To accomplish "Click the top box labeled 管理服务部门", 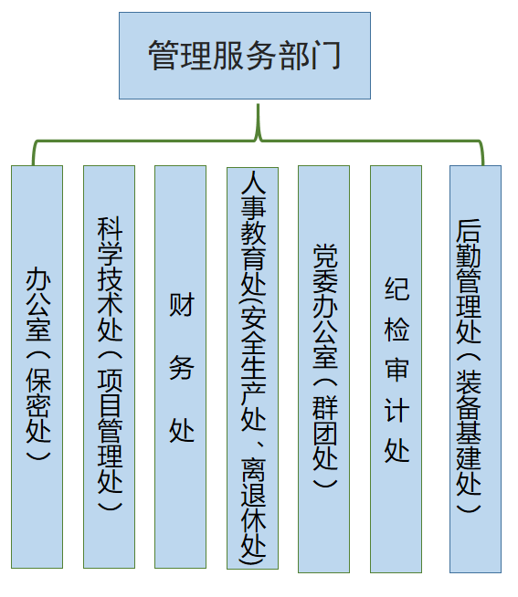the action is [245, 56].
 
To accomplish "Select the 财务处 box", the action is [180, 367].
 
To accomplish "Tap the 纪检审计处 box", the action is [396, 369].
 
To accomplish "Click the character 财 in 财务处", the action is [182, 304].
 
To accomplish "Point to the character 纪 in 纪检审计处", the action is [396, 288].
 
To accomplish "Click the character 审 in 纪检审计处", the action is [396, 370].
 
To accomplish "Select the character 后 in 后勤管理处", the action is [469, 231].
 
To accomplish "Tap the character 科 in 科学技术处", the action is [110, 229].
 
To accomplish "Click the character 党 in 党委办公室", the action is [325, 256].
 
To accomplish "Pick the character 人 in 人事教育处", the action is [253, 183].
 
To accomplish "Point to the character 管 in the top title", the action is [164, 56].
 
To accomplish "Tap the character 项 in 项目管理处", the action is [110, 382].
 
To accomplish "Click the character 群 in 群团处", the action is [325, 407].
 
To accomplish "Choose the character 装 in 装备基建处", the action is [469, 382].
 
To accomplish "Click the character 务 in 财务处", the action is [182, 368].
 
